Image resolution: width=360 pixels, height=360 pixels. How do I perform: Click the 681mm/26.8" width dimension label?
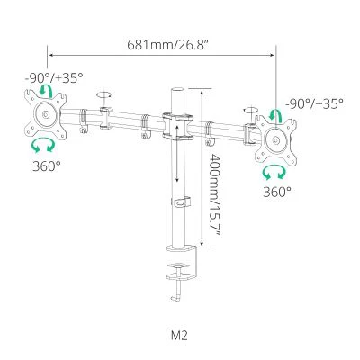pyautogui.click(x=167, y=45)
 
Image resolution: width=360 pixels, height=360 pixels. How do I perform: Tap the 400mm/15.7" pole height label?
pyautogui.click(x=215, y=194)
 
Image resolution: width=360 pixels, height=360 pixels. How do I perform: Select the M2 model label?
pyautogui.click(x=179, y=335)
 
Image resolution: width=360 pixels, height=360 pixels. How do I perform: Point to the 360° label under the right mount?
pyautogui.click(x=277, y=192)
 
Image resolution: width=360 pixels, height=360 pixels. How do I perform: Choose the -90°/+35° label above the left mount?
pyautogui.click(x=54, y=78)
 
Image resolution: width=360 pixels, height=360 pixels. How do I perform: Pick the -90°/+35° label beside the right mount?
pyautogui.click(x=314, y=103)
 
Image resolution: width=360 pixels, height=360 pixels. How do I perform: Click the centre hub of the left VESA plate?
pyautogui.click(x=46, y=114)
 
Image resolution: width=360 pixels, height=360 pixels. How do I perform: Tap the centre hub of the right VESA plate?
pyautogui.click(x=276, y=140)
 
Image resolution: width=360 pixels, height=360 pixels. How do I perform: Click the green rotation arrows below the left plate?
pyautogui.click(x=43, y=145)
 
